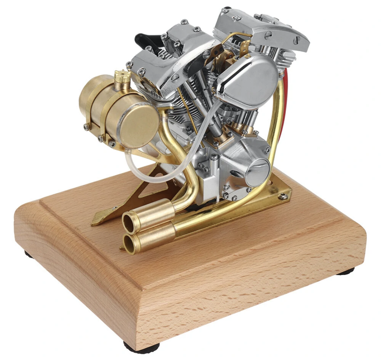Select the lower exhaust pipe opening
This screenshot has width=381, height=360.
tap(129, 243)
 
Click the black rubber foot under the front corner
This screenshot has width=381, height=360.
tap(141, 347)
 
